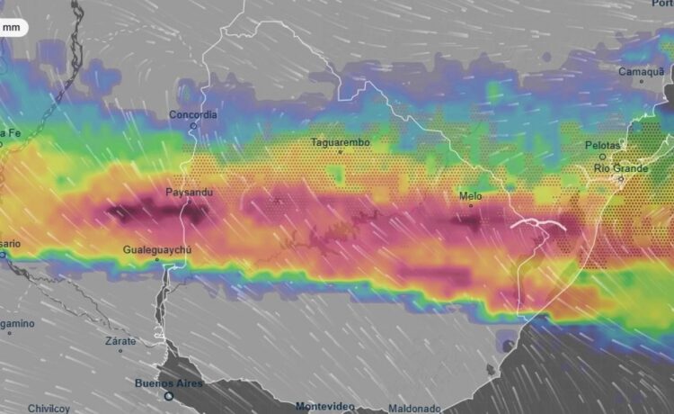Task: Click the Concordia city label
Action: [193, 114]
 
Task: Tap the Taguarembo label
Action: [340, 142]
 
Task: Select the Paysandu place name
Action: [189, 192]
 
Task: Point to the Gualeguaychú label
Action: [157, 249]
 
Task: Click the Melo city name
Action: [470, 195]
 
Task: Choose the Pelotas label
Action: [603, 145]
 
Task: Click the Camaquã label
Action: [641, 71]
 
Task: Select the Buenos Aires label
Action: [169, 383]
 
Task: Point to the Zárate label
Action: [120, 341]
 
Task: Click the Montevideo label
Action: [327, 407]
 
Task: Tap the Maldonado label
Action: [415, 408]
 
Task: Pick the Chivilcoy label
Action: [49, 408]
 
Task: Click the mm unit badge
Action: [13, 27]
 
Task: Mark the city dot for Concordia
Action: [192, 125]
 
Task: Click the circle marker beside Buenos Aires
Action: [168, 395]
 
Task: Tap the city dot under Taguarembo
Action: [340, 152]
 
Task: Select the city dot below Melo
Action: [471, 206]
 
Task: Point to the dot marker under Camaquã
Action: [641, 82]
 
